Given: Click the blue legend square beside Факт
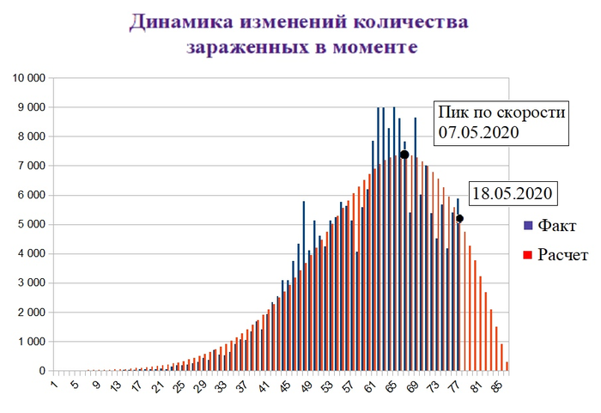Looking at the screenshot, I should tap(528, 226).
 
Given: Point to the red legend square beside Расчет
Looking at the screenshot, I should tap(528, 255).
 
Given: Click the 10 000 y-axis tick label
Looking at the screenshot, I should tap(28, 78).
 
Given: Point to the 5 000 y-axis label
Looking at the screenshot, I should tap(32, 225).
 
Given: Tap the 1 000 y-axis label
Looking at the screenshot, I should tap(32, 342).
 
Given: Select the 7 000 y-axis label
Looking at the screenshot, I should tap(32, 166).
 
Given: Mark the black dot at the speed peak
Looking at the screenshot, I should tap(404, 155).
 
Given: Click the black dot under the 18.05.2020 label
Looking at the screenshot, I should tap(460, 218).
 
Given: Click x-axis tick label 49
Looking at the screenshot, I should tap(308, 387).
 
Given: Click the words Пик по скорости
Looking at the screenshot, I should tap(501, 112).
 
